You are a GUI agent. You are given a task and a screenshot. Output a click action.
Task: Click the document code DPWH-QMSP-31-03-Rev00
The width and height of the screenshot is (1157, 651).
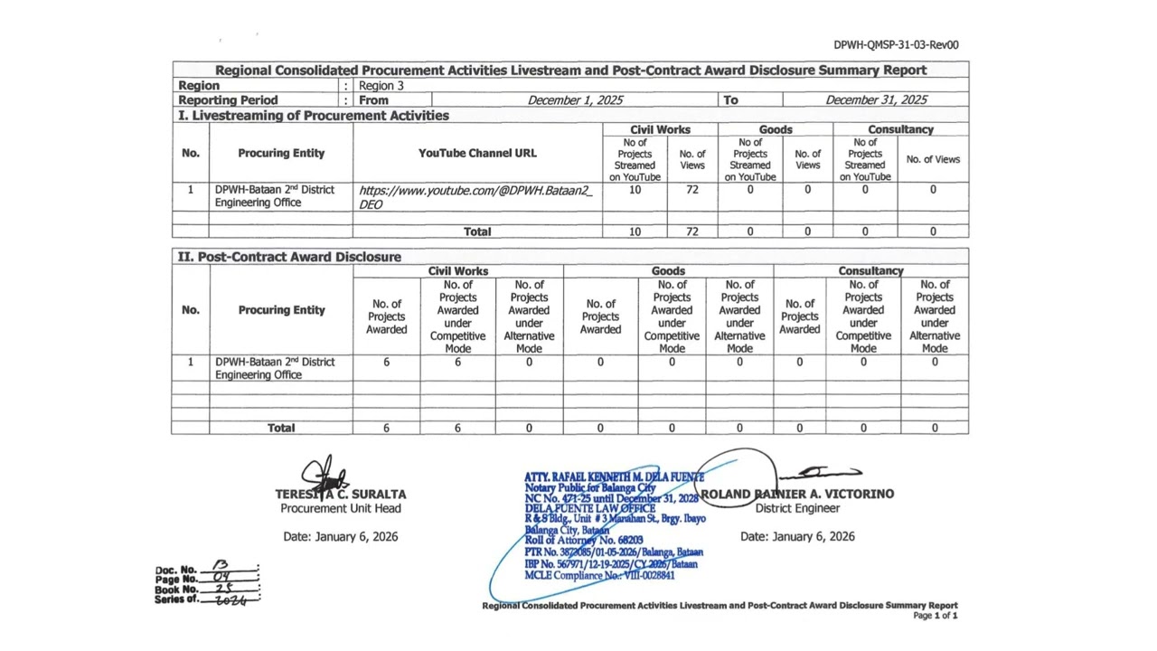[896, 44]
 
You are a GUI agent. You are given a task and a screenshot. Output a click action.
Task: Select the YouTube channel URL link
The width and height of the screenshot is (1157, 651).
[475, 197]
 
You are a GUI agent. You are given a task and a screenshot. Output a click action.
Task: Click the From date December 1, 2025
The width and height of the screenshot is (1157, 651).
[575, 100]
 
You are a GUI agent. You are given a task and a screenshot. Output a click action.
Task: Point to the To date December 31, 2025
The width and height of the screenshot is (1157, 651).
[875, 100]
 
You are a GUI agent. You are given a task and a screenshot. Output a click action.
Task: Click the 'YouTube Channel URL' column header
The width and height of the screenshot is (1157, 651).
[477, 154]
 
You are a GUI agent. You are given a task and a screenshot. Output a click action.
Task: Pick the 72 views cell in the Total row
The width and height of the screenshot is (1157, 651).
[691, 231]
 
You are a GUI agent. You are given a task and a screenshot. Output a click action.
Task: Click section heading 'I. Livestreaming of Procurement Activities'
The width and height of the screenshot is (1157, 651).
[314, 116]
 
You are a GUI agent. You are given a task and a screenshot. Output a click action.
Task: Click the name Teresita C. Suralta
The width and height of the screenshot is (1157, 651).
[341, 495]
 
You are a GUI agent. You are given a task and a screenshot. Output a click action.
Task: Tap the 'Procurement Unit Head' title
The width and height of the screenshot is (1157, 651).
[341, 508]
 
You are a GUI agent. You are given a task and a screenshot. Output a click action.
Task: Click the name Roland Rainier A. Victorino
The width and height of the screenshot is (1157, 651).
[797, 494]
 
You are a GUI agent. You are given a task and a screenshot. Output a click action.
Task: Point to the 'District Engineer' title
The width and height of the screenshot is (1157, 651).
[797, 508]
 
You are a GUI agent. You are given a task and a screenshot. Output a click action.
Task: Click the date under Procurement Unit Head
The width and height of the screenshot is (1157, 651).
[341, 537]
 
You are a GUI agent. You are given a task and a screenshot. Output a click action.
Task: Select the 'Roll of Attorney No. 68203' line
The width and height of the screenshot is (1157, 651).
[584, 541]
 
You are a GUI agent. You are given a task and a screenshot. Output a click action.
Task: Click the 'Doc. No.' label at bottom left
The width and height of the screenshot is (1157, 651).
[175, 570]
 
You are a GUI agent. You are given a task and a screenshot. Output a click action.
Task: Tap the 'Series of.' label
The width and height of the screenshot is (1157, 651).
[175, 599]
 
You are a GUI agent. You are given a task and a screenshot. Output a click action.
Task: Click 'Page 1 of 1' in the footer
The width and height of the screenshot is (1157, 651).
[935, 616]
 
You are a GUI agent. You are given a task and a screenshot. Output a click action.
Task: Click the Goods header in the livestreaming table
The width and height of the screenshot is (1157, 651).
[775, 129]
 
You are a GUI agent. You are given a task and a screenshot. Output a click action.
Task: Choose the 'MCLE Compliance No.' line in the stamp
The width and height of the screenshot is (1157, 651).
[599, 575]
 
